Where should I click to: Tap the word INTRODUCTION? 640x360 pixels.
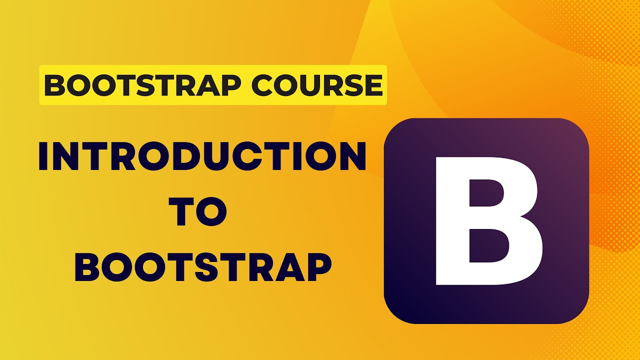(202, 155)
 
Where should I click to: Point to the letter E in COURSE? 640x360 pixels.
(372, 85)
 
